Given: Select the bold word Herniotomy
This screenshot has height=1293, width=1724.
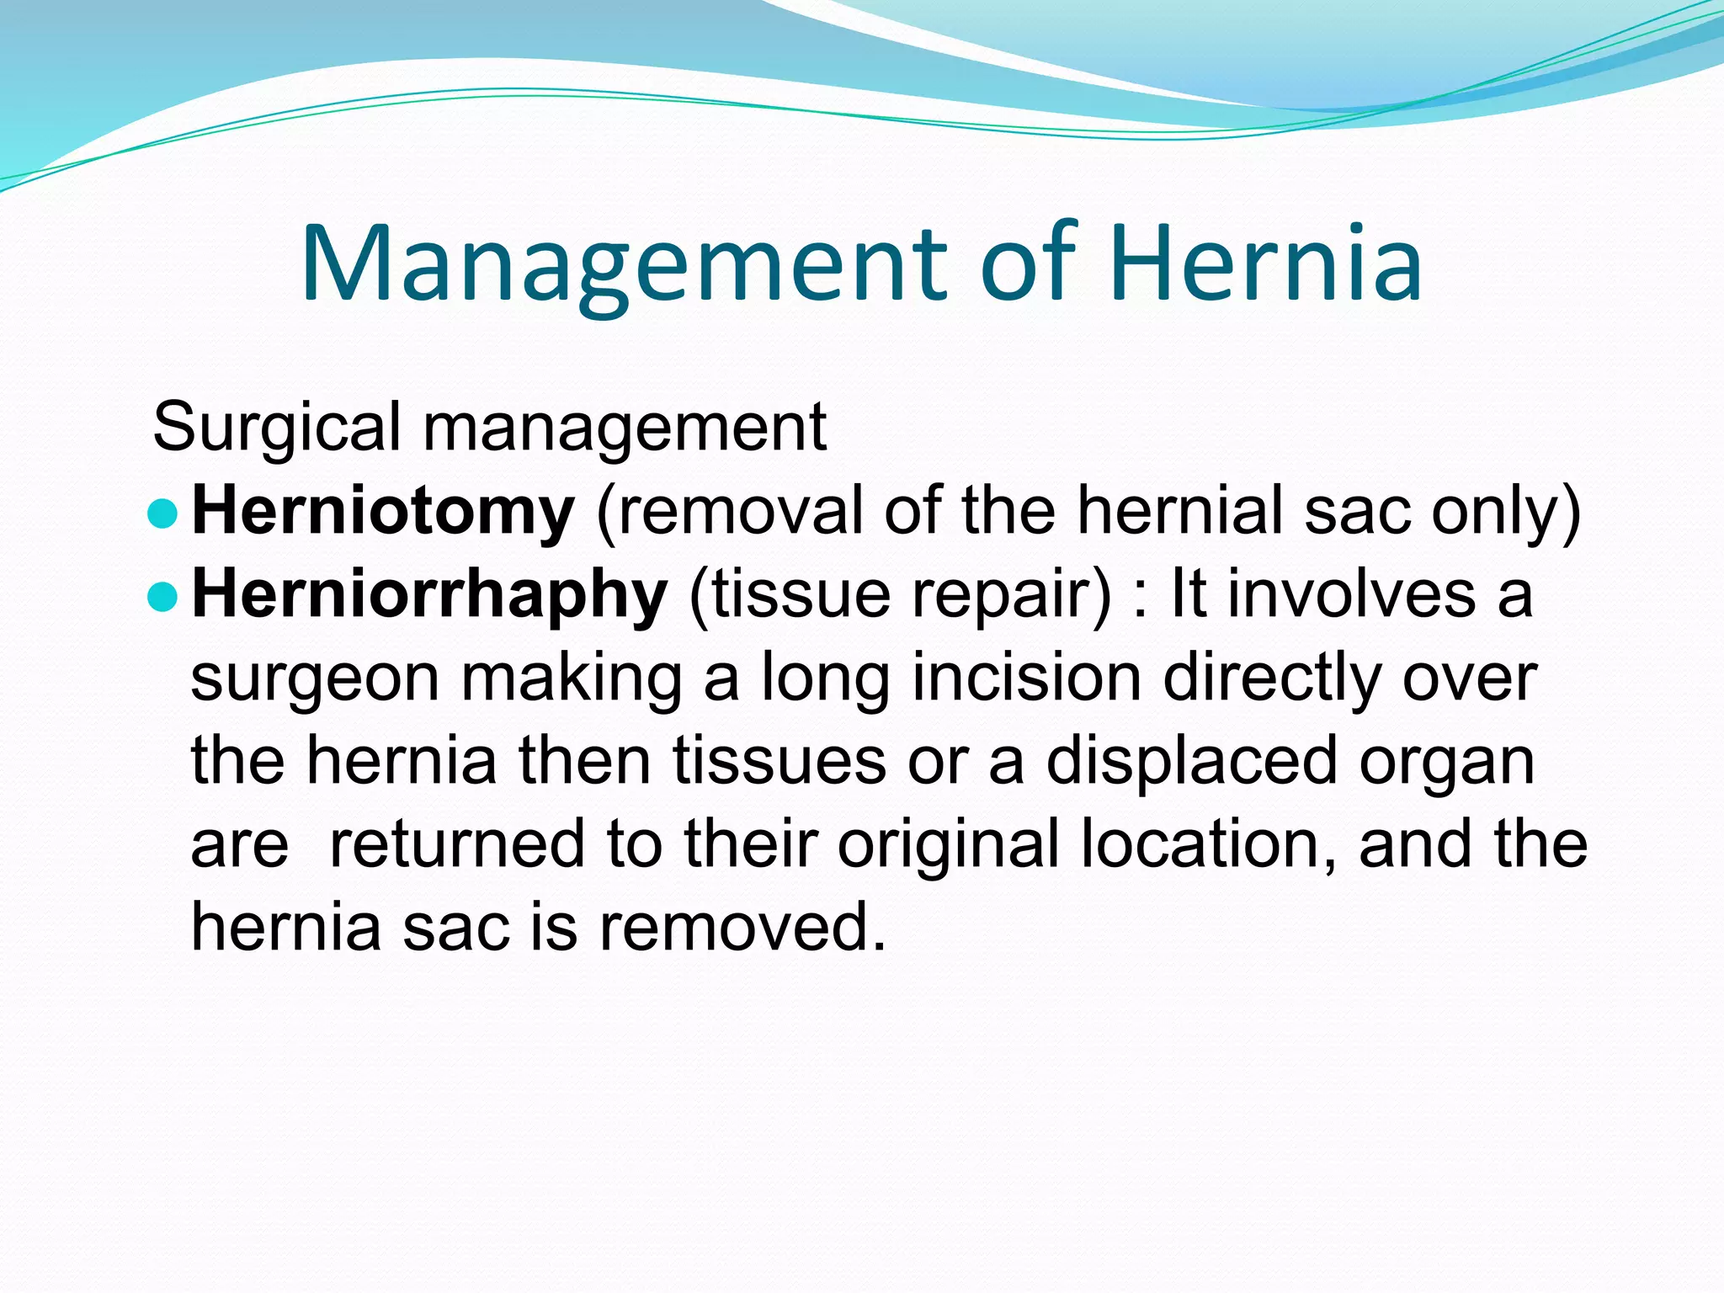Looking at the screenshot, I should point(384,511).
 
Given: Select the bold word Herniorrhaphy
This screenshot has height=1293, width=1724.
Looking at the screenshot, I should point(430,594).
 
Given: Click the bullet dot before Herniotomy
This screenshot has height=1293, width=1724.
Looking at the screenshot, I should point(162,513).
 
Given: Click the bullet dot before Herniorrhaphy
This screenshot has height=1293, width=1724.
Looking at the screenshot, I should point(162,596).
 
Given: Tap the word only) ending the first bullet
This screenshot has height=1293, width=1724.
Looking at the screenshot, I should point(1506,511).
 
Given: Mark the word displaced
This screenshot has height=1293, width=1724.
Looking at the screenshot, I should point(1192,761).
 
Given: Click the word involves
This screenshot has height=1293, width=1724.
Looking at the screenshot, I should point(1351,594).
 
